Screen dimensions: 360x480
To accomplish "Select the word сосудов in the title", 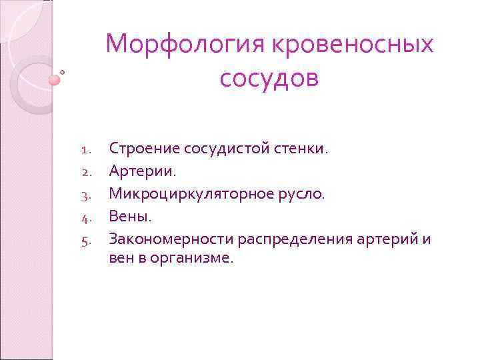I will point(269,78).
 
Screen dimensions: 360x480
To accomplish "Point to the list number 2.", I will point(85,172).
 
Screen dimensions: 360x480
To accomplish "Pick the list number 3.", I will point(85,194).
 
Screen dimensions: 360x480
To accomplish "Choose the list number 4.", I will point(85,216).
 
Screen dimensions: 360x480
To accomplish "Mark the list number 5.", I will point(85,238).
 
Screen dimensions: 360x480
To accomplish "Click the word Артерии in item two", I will point(143,171).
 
